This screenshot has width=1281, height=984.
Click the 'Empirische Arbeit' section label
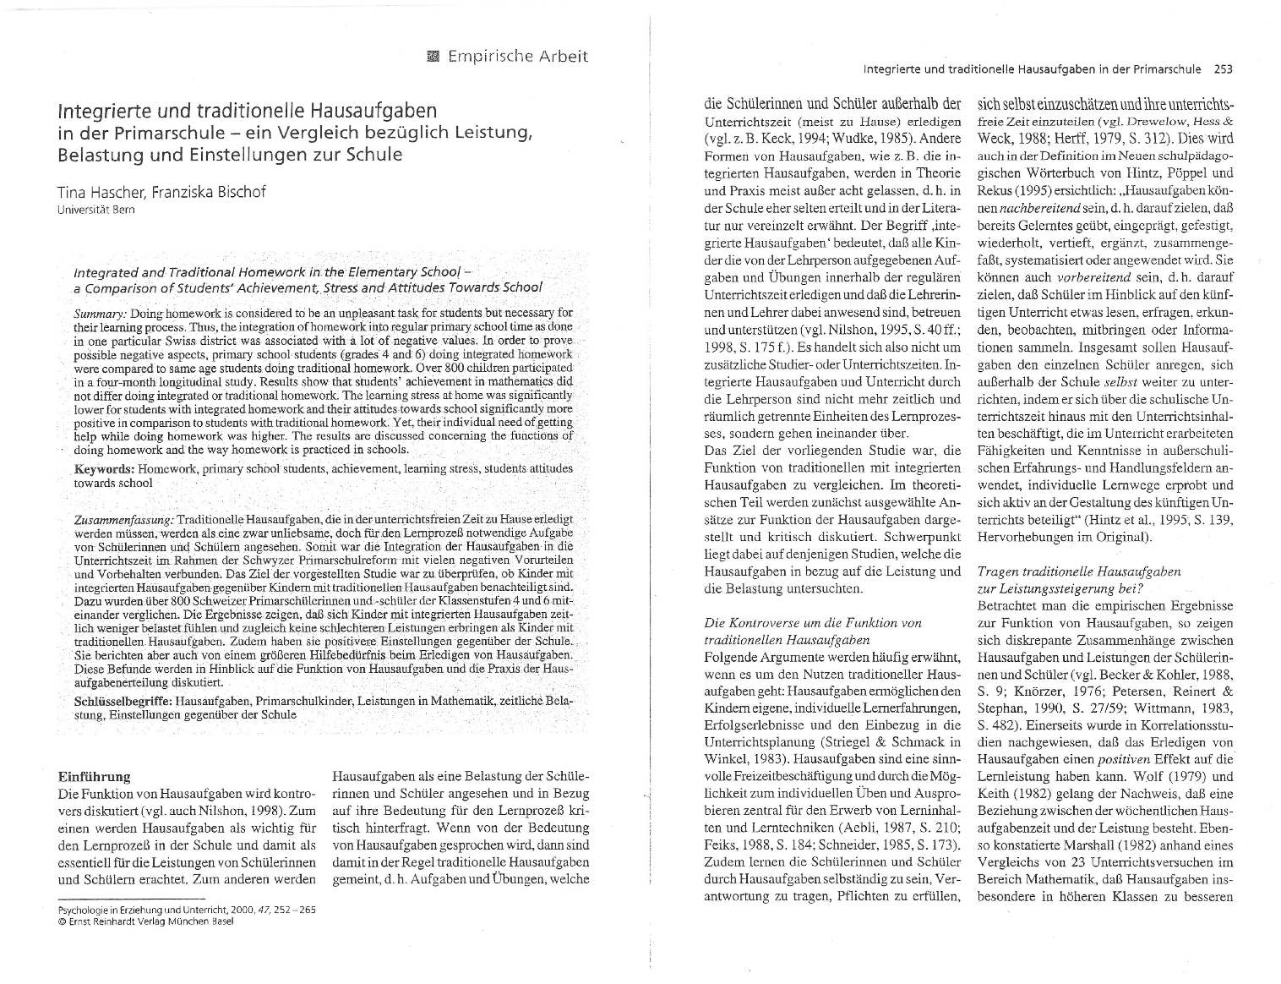point(517,57)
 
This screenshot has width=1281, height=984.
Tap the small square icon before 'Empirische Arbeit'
point(434,57)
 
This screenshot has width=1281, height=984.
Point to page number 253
point(1223,69)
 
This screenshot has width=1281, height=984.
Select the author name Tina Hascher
point(101,191)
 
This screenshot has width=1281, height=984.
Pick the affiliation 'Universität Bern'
point(95,210)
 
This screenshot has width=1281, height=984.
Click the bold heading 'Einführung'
point(93,776)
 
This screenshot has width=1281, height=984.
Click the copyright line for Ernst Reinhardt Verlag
point(144,921)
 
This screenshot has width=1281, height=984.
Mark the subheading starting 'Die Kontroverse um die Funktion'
point(812,623)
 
